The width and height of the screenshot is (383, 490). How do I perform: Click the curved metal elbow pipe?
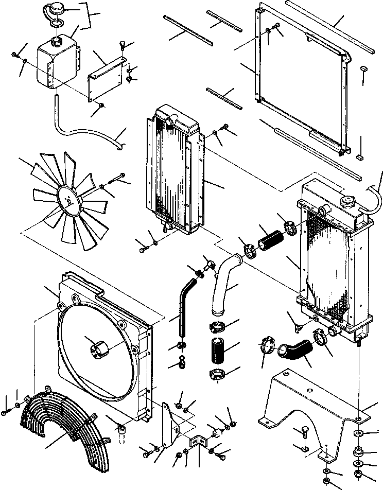(x=224, y=281)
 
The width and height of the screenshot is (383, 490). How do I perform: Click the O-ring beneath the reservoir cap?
(x=57, y=22)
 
